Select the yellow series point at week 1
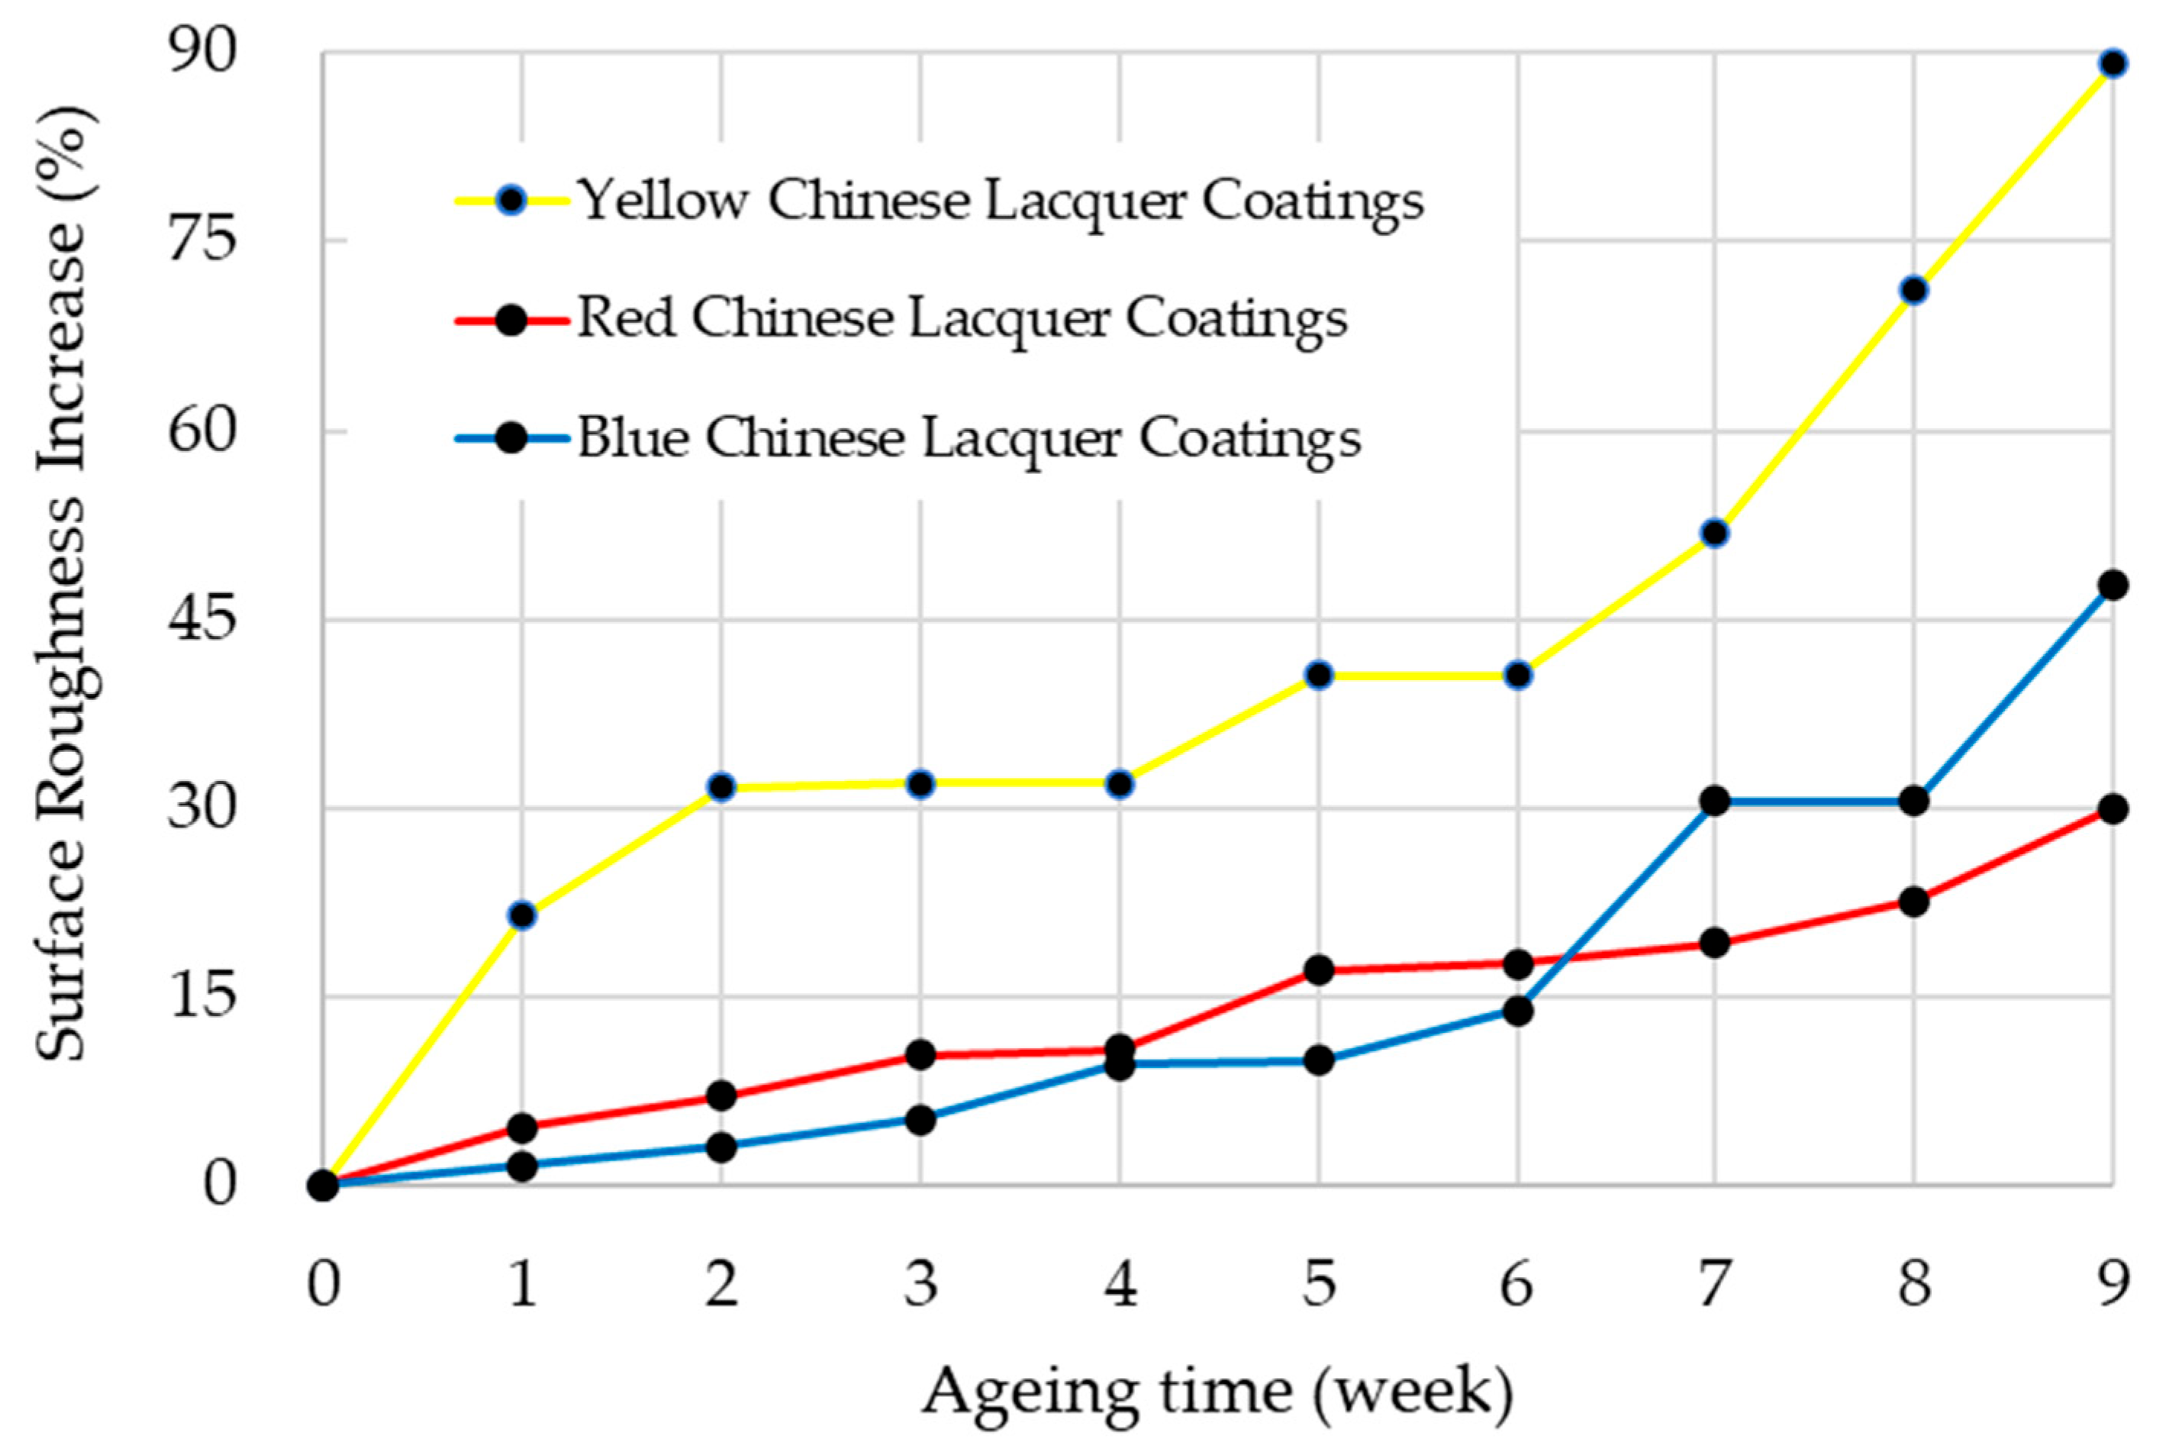pos(522,915)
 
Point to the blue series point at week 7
pos(1715,801)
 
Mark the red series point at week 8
pos(1913,901)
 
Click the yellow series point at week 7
pos(1715,534)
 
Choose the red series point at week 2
pos(720,1096)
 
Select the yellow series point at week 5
pos(1318,676)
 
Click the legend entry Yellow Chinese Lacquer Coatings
pos(1000,199)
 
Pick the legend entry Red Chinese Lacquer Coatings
pos(962,319)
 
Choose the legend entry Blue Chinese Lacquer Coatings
pos(969,438)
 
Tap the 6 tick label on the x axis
pos(1517,1286)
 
